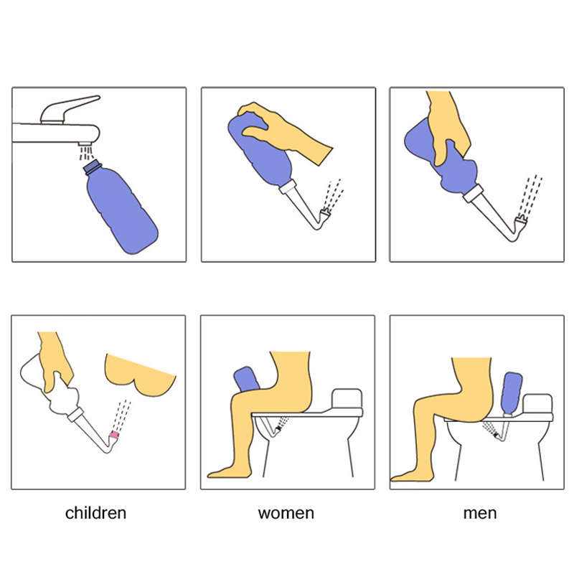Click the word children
point(95,513)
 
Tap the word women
point(286,513)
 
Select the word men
point(480,513)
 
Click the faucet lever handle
point(69,109)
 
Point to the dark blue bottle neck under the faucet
point(92,167)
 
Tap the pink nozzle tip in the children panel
point(114,435)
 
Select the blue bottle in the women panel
point(246,379)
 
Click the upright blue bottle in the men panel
point(511,392)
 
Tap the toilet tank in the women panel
point(347,400)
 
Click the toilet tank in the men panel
point(537,405)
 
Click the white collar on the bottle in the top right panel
point(474,193)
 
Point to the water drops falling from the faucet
point(85,153)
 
